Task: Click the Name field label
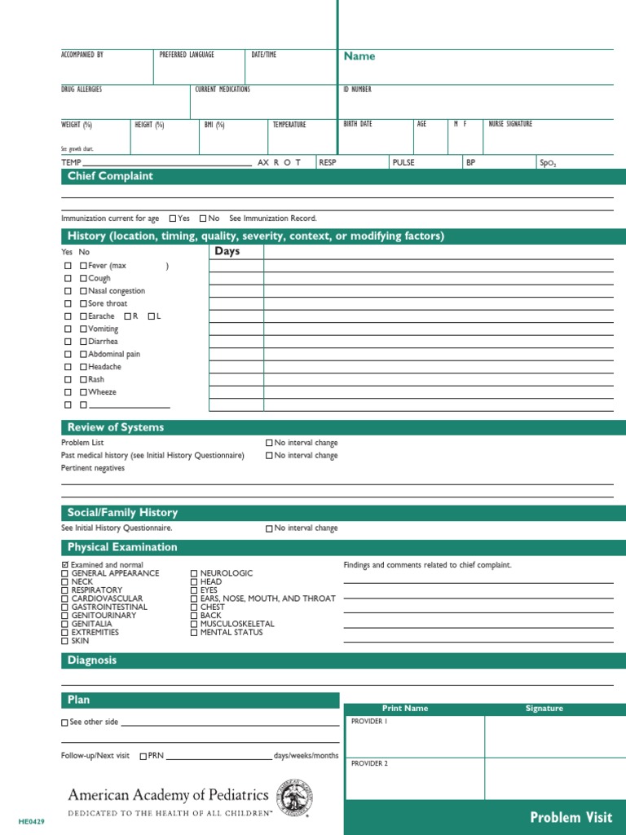pos(359,56)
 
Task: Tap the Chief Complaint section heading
pos(110,176)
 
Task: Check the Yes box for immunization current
pos(173,219)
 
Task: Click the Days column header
pos(227,251)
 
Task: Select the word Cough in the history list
pos(99,278)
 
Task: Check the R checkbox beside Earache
pos(128,316)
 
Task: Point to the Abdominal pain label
pos(114,355)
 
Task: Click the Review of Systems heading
pos(116,427)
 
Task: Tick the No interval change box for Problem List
pos(270,443)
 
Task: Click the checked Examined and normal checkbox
pos(65,565)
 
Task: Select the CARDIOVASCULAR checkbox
pos(65,599)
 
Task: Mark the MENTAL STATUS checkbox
pos(194,633)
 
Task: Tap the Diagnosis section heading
pos(92,660)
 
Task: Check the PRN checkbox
pos(143,756)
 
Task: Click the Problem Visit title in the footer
pos(571,817)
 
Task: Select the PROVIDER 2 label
pos(369,764)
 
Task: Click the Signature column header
pos(544,709)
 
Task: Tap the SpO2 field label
pos(547,163)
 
